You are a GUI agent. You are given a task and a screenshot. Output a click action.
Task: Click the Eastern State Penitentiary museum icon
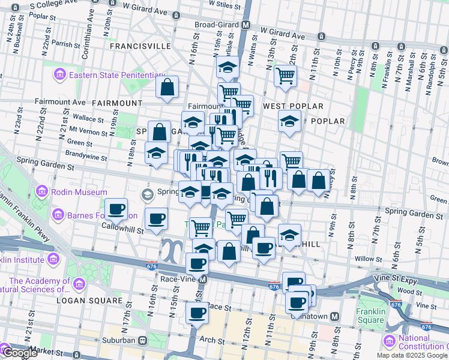click(60, 75)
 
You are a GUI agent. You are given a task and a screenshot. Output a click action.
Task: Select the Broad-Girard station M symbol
click(246, 26)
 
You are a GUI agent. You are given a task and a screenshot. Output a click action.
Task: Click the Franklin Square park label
click(370, 316)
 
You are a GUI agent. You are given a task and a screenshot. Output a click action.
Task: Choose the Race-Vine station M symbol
click(203, 279)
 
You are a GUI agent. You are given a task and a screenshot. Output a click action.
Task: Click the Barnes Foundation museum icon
click(58, 214)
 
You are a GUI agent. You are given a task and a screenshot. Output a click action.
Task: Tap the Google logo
click(20, 353)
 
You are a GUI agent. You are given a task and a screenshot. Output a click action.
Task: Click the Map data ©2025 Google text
click(412, 355)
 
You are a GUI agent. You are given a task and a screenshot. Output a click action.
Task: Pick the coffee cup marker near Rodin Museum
click(116, 209)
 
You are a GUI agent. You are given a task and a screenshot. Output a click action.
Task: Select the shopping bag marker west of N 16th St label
click(167, 87)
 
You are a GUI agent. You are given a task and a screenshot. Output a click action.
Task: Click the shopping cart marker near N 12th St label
click(285, 76)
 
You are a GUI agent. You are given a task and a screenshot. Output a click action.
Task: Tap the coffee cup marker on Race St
click(197, 313)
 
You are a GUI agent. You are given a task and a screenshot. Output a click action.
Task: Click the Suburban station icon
click(143, 340)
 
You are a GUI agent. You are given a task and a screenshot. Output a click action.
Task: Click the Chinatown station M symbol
click(335, 316)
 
